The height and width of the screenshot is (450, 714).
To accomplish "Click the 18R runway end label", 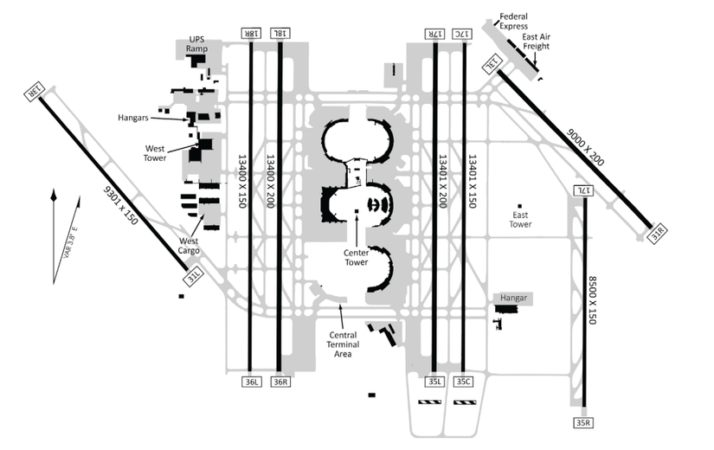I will [251, 33].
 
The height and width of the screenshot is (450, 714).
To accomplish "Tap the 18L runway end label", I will [280, 33].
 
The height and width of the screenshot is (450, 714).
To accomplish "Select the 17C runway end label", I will [465, 33].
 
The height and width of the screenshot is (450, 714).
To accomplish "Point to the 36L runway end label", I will [251, 382].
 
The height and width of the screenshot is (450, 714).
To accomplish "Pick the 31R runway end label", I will [659, 234].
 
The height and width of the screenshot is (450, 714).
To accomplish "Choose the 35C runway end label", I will [464, 381].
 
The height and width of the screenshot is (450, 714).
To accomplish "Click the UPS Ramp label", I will [202, 42].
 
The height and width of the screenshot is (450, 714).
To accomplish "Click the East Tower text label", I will [521, 220].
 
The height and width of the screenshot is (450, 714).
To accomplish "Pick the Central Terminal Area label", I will [344, 344].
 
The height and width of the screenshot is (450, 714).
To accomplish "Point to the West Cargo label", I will [190, 246].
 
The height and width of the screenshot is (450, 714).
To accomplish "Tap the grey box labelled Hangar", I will [511, 298].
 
